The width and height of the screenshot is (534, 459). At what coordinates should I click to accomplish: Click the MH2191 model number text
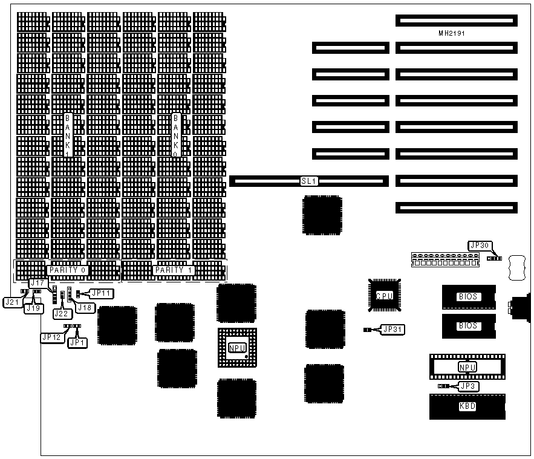pyautogui.click(x=457, y=33)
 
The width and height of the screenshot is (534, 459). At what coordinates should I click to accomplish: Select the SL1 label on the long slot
pyautogui.click(x=309, y=181)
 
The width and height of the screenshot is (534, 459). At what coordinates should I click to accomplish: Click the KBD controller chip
pyautogui.click(x=467, y=406)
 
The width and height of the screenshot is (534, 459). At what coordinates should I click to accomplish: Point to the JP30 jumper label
pyautogui.click(x=481, y=246)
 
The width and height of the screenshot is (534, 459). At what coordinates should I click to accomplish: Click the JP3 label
pyautogui.click(x=467, y=386)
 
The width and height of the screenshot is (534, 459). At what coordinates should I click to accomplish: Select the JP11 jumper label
pyautogui.click(x=101, y=293)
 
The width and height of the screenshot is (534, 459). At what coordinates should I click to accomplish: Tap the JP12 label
pyautogui.click(x=51, y=337)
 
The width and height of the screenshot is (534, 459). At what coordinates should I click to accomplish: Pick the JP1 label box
pyautogui.click(x=77, y=342)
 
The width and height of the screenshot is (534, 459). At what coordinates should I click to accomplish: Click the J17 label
pyautogui.click(x=37, y=282)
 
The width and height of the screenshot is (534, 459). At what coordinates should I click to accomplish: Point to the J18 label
pyautogui.click(x=84, y=307)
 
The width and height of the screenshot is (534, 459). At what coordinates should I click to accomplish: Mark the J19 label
pyautogui.click(x=33, y=307)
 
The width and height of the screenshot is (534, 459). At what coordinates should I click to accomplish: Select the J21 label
pyautogui.click(x=11, y=301)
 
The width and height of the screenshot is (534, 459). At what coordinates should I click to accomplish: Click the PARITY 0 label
pyautogui.click(x=67, y=270)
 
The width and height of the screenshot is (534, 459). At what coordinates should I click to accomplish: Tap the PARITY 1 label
pyautogui.click(x=174, y=270)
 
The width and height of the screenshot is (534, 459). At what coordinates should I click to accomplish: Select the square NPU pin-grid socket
pyautogui.click(x=236, y=348)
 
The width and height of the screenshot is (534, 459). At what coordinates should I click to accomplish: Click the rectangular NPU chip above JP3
pyautogui.click(x=467, y=367)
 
